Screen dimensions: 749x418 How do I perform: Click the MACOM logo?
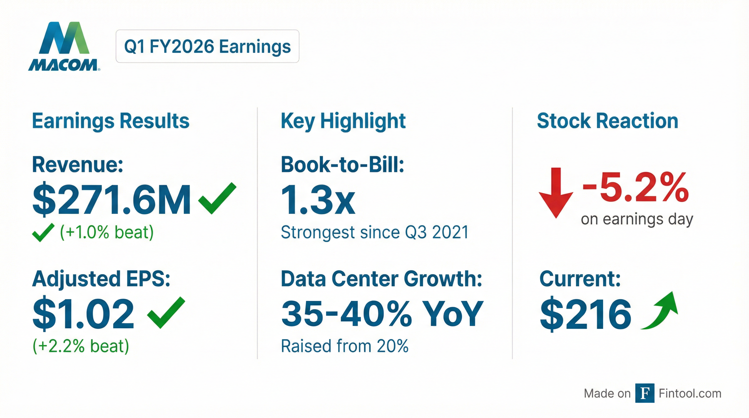coord(64,47)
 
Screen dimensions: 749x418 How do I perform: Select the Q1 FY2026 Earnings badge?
coord(207,46)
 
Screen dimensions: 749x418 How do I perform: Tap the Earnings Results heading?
coord(110,121)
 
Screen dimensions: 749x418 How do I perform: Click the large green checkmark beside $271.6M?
coord(217,198)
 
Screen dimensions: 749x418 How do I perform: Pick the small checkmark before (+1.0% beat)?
coord(43,233)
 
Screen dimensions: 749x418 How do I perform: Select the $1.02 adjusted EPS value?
coord(83,314)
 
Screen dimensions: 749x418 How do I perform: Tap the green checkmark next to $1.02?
coord(166,312)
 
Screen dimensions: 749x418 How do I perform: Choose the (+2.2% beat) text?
coord(81,346)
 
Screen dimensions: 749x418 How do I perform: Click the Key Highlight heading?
coord(343,121)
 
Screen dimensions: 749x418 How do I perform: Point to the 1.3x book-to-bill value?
coord(318,200)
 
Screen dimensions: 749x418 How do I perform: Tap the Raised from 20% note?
coord(345,346)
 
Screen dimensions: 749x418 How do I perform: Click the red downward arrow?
coord(556,193)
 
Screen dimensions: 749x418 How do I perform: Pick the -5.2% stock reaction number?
coord(636,187)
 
